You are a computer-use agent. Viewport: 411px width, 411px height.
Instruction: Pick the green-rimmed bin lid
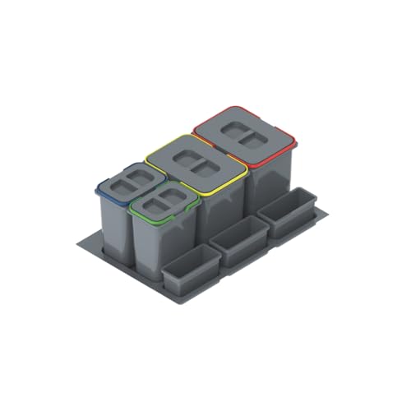(x=164, y=204)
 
